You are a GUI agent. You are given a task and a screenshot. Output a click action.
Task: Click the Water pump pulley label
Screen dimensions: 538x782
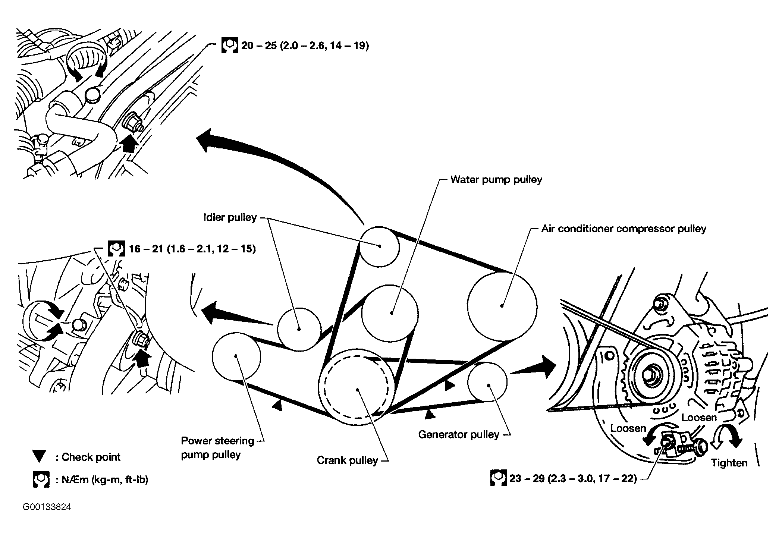pos(496,180)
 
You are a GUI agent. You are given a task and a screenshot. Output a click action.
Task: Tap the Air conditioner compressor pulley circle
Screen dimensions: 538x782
pos(502,306)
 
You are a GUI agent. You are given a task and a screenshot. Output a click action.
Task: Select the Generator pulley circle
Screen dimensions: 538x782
pos(487,382)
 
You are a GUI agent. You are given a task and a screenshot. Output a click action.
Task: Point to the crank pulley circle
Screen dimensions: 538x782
pos(357,389)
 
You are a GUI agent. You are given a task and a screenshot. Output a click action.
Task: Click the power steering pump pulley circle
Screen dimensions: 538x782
pos(236,356)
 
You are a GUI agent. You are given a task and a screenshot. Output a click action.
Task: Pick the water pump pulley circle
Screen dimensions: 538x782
pos(390,313)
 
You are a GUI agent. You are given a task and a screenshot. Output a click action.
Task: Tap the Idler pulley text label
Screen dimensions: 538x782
pos(230,217)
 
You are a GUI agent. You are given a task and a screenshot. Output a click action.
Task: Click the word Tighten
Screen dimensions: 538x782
pos(729,463)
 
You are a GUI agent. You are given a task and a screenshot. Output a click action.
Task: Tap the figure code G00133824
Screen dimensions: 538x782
pos(47,507)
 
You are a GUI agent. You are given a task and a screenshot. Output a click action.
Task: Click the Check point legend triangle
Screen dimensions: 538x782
pos(39,456)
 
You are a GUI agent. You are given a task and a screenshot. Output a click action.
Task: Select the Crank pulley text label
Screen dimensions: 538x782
pos(347,460)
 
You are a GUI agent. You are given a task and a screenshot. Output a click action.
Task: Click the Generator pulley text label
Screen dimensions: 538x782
pos(458,434)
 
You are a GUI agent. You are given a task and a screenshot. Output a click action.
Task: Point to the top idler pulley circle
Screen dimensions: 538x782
pos(380,247)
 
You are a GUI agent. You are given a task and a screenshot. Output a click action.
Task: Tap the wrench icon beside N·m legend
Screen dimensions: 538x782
pos(41,479)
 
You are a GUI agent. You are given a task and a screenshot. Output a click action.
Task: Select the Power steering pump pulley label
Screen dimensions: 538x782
pos(217,447)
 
